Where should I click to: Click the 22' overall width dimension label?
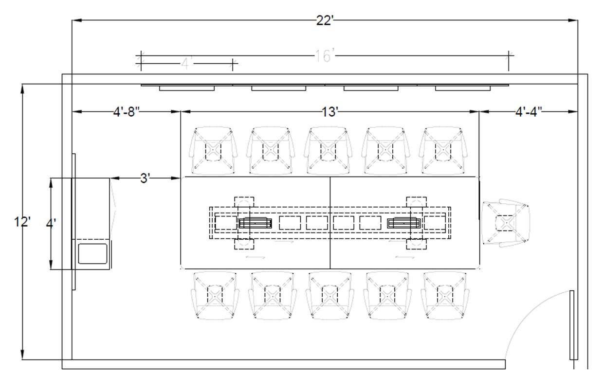pyautogui.click(x=325, y=20)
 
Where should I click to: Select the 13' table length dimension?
pyautogui.click(x=329, y=112)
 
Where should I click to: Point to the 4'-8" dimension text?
pyautogui.click(x=127, y=112)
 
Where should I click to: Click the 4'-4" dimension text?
pyautogui.click(x=529, y=112)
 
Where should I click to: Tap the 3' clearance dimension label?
pyautogui.click(x=145, y=178)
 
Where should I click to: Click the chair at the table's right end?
pyautogui.click(x=506, y=223)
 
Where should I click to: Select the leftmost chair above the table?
pyautogui.click(x=213, y=150)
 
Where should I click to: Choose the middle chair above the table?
pyautogui.click(x=329, y=150)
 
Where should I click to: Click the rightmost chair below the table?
pyautogui.click(x=445, y=295)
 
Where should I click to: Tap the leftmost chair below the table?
pyautogui.click(x=215, y=295)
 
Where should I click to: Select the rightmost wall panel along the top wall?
pyautogui.click(x=463, y=89)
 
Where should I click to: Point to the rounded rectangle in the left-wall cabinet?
pyautogui.click(x=92, y=253)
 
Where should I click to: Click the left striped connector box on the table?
pyautogui.click(x=255, y=223)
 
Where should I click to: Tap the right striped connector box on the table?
pyautogui.click(x=403, y=223)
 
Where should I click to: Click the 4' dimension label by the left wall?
pyautogui.click(x=51, y=224)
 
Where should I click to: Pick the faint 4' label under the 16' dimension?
pyautogui.click(x=187, y=64)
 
